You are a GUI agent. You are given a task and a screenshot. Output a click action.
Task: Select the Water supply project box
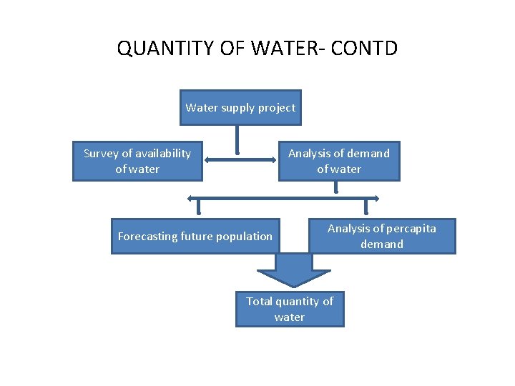coord(240,108)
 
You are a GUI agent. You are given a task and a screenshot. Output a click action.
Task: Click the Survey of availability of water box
coord(137,161)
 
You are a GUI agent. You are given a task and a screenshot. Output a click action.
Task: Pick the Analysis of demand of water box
coord(339,161)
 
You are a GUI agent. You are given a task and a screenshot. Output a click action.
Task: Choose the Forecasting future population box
coord(195,236)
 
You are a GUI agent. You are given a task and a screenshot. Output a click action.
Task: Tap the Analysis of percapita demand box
coord(382,236)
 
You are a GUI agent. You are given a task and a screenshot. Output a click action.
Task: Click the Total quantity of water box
coord(290,309)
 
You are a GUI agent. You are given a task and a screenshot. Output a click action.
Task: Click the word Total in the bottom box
coord(259,301)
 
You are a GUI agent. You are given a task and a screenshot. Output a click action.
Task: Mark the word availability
coord(164,153)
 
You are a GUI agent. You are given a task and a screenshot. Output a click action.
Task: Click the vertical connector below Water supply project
coord(237,139)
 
